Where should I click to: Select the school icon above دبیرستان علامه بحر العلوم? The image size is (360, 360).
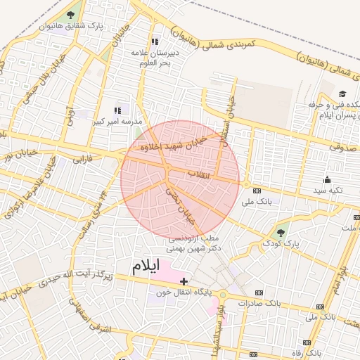pos(155,41)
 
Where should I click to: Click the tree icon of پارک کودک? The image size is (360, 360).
pos(281,231)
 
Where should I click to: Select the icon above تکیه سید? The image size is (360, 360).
pos(327,179)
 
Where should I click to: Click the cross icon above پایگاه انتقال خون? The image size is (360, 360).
pos(184,281)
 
